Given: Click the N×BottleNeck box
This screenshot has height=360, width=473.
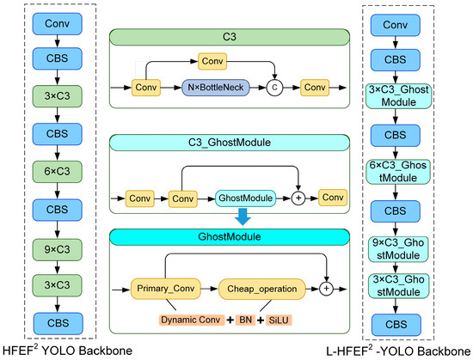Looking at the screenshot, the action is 216,88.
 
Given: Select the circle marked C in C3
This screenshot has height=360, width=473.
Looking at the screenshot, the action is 274,88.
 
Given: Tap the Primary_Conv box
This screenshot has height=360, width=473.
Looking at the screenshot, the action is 165,289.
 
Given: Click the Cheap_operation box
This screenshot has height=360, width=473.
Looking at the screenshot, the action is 261,290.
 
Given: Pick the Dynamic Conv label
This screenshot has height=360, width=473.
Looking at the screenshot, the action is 191,320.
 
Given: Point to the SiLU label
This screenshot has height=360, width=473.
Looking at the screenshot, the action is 279,320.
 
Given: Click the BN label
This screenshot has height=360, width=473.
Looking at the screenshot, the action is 246,320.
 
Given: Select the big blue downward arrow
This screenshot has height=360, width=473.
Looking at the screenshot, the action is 243,217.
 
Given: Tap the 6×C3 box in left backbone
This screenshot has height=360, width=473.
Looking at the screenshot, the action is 58,172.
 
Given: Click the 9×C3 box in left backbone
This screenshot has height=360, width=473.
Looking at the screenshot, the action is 58,250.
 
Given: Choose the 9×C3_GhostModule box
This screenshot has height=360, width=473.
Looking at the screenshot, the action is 398,249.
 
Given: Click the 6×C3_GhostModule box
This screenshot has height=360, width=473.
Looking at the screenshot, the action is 398,172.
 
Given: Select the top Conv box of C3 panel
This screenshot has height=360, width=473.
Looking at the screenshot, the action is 212,62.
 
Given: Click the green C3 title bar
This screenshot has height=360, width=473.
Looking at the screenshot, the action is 230,37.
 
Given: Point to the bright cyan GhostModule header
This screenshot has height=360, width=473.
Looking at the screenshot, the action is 230,237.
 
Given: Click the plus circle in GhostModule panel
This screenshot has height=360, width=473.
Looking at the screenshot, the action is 326,289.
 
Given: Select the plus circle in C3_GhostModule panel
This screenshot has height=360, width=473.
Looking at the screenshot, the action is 298,198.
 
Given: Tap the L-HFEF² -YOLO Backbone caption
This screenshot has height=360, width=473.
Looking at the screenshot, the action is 398,351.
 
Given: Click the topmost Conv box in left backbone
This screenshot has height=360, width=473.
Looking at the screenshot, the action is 58,24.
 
